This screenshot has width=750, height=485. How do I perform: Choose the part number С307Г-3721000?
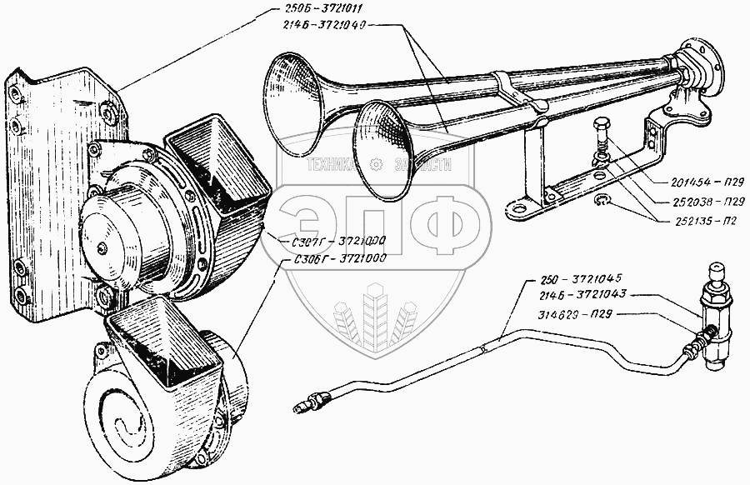(x=331, y=239)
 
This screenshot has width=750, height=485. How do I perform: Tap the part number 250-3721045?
(x=578, y=277)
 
